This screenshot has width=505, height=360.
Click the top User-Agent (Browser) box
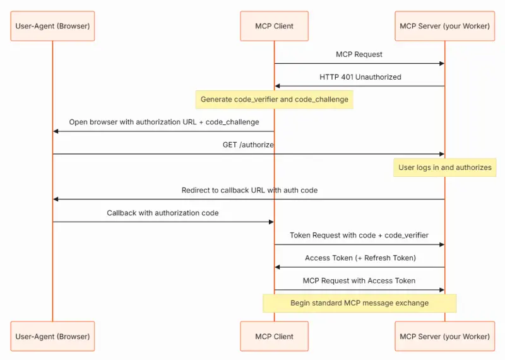[x=52, y=26]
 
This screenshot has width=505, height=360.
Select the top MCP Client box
[x=274, y=26]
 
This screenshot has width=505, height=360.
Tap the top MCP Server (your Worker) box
[x=445, y=26]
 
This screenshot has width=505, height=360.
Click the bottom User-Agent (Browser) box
[x=52, y=336]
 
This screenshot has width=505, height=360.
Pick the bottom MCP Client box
[x=274, y=336]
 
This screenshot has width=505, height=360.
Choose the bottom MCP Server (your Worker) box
[x=445, y=336]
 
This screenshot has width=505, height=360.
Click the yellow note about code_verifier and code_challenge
[x=275, y=100]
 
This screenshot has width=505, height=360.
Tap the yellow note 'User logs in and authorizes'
[x=445, y=167]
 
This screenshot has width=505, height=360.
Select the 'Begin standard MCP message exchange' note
[x=359, y=303]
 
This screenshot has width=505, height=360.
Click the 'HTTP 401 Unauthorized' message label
[x=360, y=77]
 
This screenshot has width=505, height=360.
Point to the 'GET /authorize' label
[x=248, y=145]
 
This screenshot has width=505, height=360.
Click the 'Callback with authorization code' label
[x=163, y=213]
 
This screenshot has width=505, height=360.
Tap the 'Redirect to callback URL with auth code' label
[x=249, y=190]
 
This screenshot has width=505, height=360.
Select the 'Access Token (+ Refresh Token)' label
[x=360, y=258]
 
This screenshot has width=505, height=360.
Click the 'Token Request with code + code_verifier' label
[x=359, y=236]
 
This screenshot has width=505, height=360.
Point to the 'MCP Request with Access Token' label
[x=359, y=280]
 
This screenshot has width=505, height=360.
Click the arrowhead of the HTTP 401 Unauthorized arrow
[x=277, y=86]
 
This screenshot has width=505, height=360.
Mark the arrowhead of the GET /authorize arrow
[x=442, y=154]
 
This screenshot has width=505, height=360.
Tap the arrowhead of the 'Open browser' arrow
[x=56, y=131]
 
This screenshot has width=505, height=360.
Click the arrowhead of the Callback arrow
[x=271, y=222]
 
